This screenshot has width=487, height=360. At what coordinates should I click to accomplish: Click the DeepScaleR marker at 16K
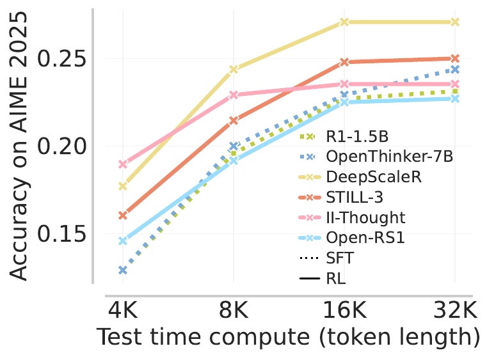click(344, 22)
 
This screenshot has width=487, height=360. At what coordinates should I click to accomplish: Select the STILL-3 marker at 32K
click(455, 58)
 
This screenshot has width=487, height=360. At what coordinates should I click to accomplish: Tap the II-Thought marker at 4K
click(123, 164)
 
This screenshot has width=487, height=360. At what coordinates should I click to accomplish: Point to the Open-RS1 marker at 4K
click(123, 241)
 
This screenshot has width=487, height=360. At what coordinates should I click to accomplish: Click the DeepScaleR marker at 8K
click(234, 69)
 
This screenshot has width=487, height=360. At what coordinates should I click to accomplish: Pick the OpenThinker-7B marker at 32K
click(455, 69)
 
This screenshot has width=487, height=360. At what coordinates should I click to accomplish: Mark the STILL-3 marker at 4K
click(123, 215)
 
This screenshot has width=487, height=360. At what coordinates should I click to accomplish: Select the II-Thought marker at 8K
click(234, 95)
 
